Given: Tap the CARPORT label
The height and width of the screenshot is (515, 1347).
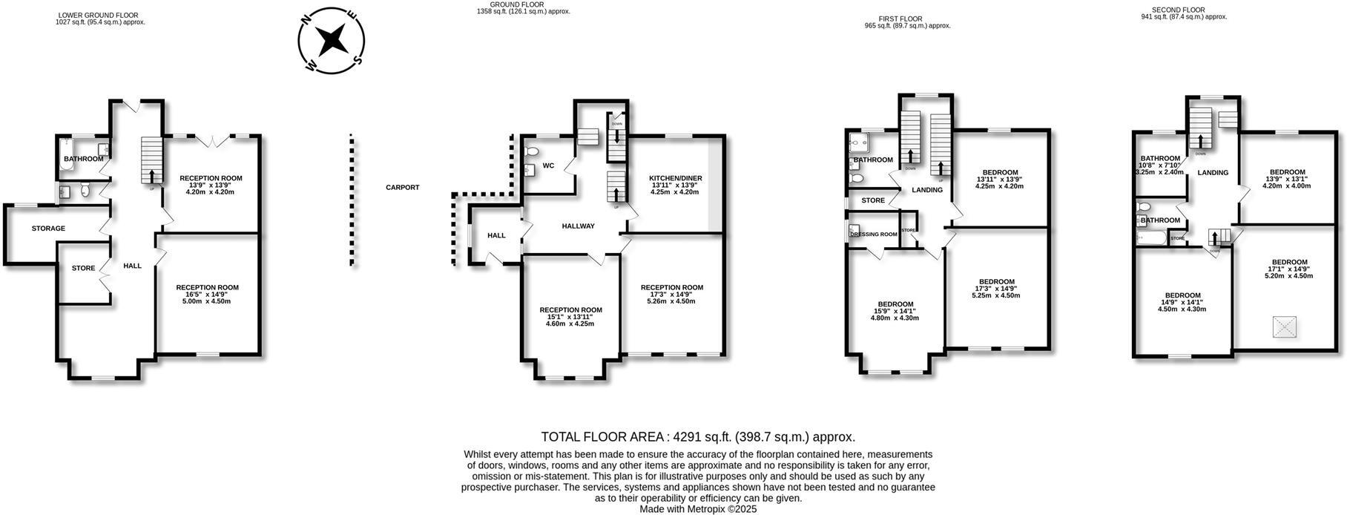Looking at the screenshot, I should [402, 188].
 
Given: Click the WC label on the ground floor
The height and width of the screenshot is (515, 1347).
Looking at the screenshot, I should [549, 165].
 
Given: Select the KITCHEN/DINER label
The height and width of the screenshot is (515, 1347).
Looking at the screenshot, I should [675, 178].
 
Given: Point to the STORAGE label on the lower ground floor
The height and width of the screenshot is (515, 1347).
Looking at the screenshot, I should [48, 229].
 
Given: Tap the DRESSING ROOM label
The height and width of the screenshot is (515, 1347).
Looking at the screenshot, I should [873, 234].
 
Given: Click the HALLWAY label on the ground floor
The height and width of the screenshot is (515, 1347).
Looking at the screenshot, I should [578, 226].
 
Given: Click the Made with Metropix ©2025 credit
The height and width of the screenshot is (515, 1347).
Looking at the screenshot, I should [698, 509].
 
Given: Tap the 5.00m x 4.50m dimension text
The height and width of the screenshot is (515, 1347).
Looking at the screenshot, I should [207, 301].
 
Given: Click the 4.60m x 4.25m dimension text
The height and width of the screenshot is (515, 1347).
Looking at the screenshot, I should [570, 324].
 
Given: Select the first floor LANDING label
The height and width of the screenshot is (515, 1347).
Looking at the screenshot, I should [926, 190].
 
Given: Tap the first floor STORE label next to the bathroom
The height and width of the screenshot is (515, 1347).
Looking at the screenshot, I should [873, 200].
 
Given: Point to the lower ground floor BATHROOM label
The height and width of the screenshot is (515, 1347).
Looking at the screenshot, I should [83, 159].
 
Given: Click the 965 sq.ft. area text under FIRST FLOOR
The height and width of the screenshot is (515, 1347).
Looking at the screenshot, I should [907, 25].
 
